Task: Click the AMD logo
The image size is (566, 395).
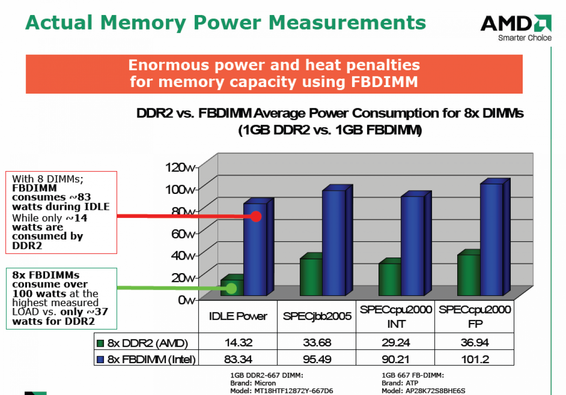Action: click(516, 27)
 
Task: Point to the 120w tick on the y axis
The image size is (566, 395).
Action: click(197, 167)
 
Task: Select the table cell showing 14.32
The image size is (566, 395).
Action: click(238, 342)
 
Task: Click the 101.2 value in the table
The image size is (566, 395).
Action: click(475, 359)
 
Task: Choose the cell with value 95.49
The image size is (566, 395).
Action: click(317, 359)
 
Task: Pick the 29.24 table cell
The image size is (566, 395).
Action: click(396, 342)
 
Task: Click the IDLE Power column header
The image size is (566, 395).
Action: click(238, 316)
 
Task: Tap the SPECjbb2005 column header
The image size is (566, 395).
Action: click(317, 316)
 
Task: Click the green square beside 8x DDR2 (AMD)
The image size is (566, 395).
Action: click(100, 343)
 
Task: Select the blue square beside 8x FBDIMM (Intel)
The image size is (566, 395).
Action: click(100, 360)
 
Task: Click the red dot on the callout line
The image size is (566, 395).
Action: click(256, 216)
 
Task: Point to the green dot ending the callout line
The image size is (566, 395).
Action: click(231, 288)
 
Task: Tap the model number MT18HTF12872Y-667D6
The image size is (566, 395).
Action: click(294, 391)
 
